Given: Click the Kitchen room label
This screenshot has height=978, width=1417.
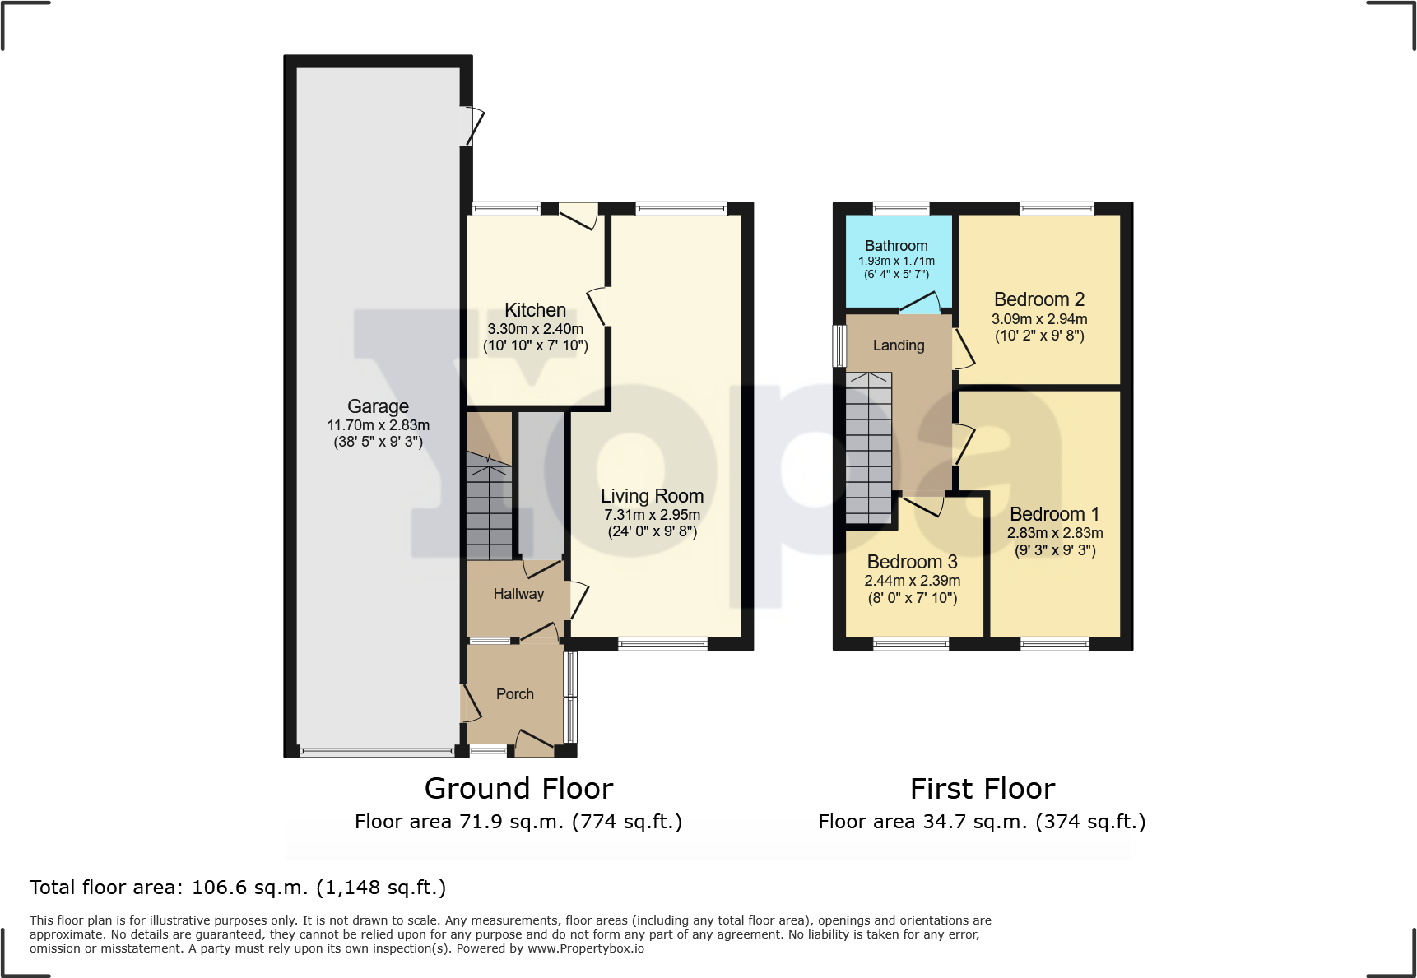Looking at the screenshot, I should click(x=535, y=310).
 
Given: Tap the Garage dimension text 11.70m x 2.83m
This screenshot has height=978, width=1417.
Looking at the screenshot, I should click(x=379, y=425).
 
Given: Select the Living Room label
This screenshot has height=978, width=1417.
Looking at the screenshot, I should click(x=652, y=496).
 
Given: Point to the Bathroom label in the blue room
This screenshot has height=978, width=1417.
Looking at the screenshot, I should click(x=896, y=246).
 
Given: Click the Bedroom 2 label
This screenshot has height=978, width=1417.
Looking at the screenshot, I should click(x=1039, y=299).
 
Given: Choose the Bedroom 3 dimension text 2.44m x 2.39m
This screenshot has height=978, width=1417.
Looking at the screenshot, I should click(x=913, y=581).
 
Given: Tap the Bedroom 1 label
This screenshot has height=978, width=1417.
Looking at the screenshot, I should click(x=1054, y=514).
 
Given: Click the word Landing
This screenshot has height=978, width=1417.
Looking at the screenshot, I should click(x=899, y=345).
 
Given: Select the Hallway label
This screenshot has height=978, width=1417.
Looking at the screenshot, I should click(x=518, y=594).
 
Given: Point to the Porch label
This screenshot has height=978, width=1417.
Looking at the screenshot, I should click(x=515, y=694).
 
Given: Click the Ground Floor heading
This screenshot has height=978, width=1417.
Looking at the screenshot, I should click(x=518, y=789).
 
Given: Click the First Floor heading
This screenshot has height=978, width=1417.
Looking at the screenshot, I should click(x=983, y=789).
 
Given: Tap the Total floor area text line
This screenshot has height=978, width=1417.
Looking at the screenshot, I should click(x=238, y=888).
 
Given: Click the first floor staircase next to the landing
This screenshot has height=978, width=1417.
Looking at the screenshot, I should click(x=869, y=448).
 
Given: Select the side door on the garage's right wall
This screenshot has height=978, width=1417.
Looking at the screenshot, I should click(x=472, y=126).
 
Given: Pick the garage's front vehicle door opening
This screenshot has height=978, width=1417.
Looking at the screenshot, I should click(x=377, y=751).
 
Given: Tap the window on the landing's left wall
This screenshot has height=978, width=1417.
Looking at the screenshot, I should click(x=839, y=345).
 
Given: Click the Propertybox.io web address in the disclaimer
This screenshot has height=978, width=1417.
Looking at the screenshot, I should click(x=585, y=948).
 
